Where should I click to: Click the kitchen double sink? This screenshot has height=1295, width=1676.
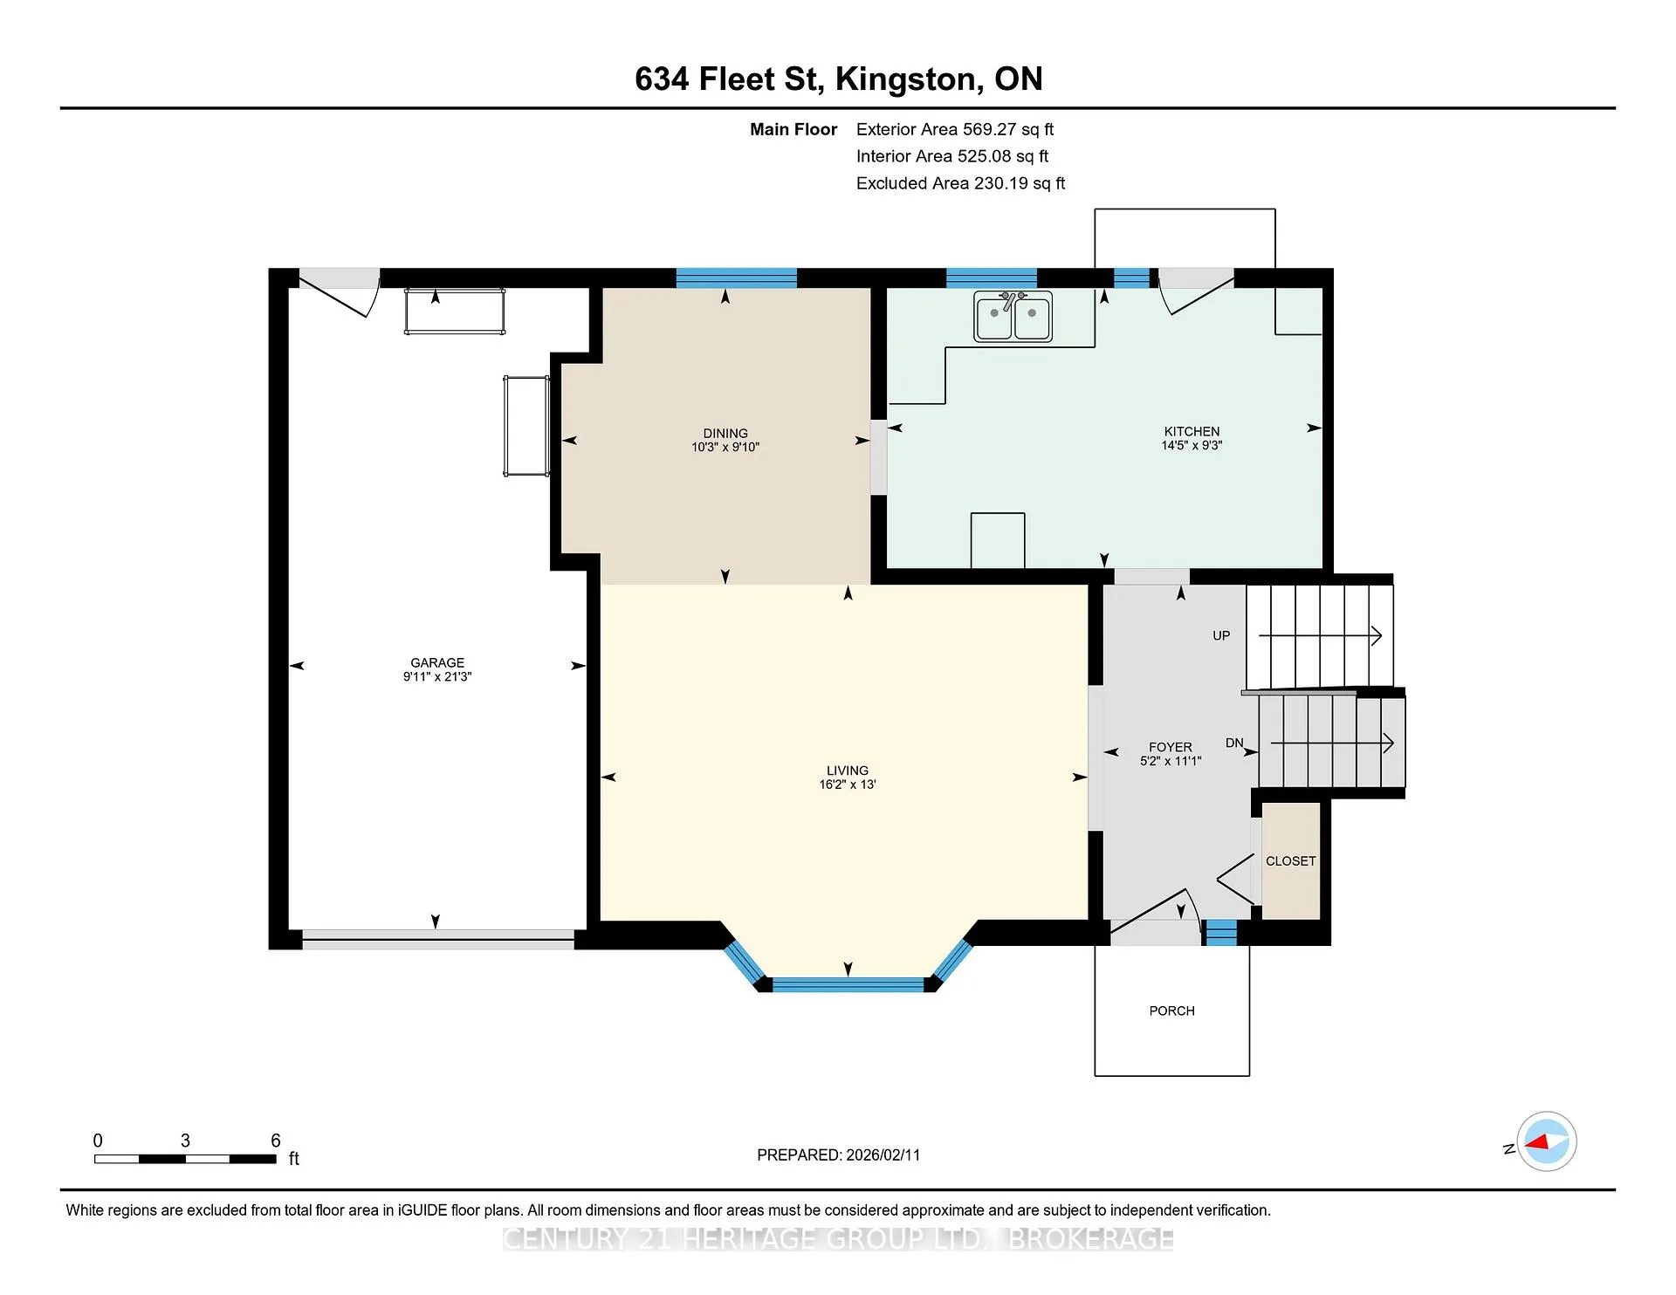pos(1013,316)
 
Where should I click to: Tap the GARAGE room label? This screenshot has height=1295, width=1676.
pos(437,662)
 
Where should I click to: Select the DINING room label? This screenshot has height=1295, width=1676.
pos(725,433)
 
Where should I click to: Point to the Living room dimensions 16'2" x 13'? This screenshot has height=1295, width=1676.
pos(848,785)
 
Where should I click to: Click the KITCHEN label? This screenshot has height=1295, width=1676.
pos(1192,431)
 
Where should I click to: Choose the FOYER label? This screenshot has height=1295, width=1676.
pos(1171,747)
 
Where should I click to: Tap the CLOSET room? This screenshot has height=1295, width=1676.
pos(1290,860)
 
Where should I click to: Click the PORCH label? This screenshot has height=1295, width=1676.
pos(1171,1011)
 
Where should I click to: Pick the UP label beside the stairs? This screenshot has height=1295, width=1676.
pos(1221,635)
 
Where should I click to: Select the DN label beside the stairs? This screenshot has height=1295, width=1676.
pos(1234,743)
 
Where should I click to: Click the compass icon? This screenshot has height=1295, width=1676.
pos(1546,1141)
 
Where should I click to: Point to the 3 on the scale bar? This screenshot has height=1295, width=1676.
pos(185,1141)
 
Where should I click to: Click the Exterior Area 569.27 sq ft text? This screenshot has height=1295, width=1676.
pos(955,129)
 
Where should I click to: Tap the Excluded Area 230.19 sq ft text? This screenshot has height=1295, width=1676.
pos(960,183)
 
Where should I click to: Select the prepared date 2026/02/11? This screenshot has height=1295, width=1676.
pos(883,1155)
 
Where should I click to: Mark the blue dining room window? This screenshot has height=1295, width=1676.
pos(737,278)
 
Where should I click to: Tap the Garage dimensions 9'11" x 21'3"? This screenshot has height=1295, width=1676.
pos(437,676)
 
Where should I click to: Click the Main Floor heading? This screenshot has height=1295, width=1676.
pos(793,129)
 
